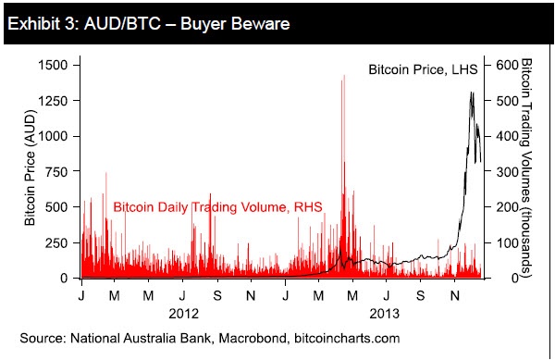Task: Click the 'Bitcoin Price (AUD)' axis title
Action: point(30,171)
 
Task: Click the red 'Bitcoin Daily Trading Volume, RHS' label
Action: point(217,207)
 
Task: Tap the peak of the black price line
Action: point(472,93)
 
